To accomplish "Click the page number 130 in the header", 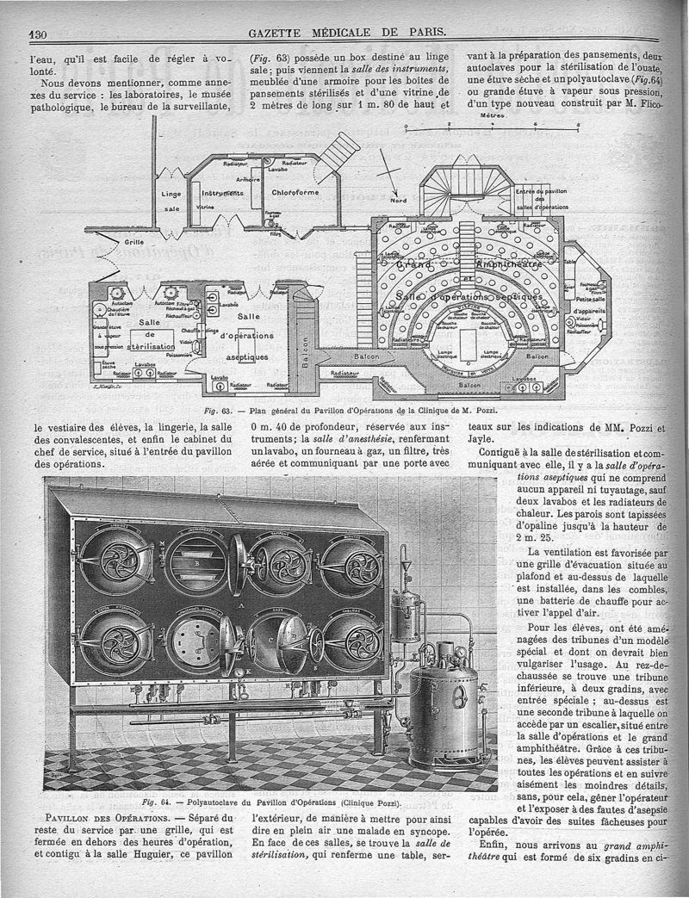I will pyautogui.click(x=38, y=33).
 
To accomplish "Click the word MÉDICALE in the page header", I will pyautogui.click(x=338, y=33).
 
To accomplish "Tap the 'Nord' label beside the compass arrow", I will pyautogui.click(x=399, y=201).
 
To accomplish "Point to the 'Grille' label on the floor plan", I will pyautogui.click(x=133, y=242).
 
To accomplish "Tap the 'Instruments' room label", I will pyautogui.click(x=223, y=194).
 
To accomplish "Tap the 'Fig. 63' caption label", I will pyautogui.click(x=212, y=412).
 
